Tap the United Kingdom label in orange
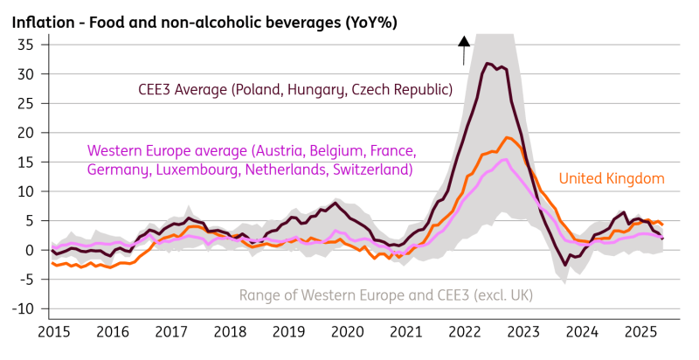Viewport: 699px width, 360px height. [x=612, y=179]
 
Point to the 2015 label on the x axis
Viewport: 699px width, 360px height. [x=53, y=333]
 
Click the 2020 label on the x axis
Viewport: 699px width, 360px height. [x=349, y=333]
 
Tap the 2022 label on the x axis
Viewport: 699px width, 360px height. [x=467, y=333]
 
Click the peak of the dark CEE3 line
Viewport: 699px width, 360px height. [x=487, y=63]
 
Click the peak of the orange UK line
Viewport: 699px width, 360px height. [x=506, y=137]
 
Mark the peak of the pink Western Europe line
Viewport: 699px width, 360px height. [x=504, y=160]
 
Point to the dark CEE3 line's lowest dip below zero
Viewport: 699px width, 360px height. [x=566, y=265]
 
